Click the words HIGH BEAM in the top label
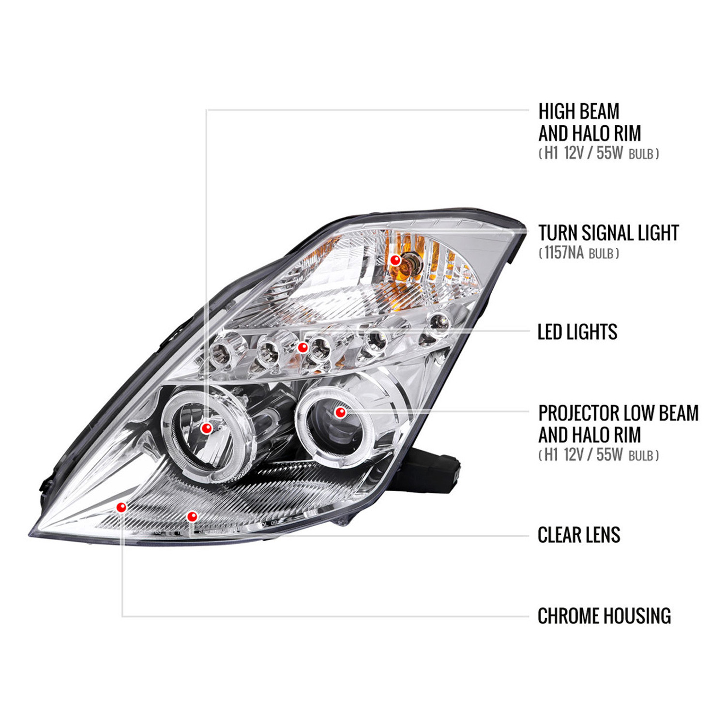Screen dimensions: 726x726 (x=579, y=111)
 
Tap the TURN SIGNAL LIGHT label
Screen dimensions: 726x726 (x=609, y=233)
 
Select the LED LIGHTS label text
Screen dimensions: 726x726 (x=577, y=332)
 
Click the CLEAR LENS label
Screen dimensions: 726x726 (x=579, y=535)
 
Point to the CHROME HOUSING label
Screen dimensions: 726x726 (x=605, y=616)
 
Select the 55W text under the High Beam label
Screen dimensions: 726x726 (x=609, y=153)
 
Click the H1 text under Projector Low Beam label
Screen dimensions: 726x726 (x=551, y=454)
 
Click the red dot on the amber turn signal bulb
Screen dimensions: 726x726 (x=395, y=260)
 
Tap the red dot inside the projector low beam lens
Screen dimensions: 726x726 (x=340, y=412)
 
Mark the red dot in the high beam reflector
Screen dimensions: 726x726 (x=207, y=428)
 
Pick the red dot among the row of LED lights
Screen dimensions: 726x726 (x=302, y=347)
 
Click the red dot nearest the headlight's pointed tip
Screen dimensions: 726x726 (x=121, y=507)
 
